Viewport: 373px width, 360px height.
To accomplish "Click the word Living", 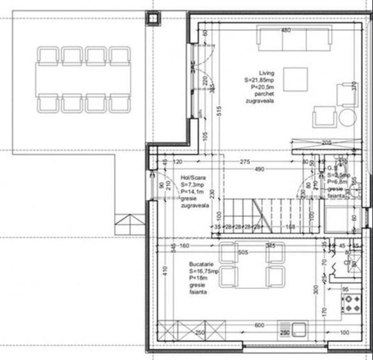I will click(x=266, y=73).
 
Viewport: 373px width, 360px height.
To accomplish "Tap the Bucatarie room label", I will click(x=202, y=263).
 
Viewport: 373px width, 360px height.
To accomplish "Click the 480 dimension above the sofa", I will click(x=286, y=31).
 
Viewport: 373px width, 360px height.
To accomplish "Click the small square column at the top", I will click(x=153, y=19).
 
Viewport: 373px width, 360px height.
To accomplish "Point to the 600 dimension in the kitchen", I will click(x=259, y=324).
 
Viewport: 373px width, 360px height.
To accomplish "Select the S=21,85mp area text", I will click(x=261, y=81).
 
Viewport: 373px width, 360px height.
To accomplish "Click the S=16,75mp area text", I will click(x=204, y=271).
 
